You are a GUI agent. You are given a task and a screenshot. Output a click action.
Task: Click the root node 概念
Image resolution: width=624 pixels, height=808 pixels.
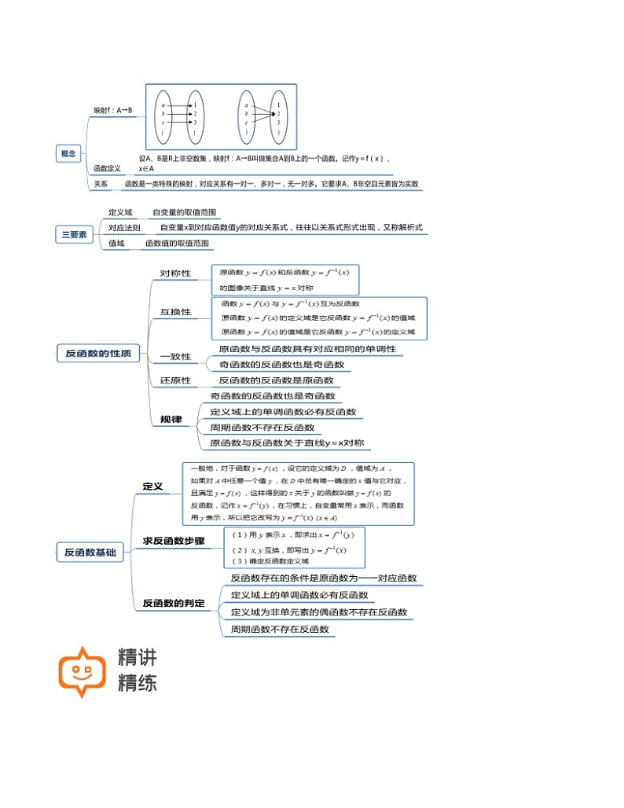pos(68,154)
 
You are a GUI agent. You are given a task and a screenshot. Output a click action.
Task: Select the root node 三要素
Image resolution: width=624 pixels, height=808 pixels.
pos(75,233)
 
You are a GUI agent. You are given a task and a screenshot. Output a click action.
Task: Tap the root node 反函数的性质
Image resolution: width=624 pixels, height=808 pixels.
pos(98,354)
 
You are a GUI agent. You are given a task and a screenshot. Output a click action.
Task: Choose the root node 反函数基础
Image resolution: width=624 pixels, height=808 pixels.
pos(90,553)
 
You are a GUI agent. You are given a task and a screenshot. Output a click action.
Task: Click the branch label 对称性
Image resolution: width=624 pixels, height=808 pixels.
pos(175,274)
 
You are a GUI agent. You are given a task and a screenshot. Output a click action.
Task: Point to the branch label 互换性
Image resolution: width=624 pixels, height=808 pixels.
pos(175,312)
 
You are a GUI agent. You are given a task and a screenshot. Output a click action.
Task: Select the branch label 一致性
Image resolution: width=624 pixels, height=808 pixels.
pos(175,356)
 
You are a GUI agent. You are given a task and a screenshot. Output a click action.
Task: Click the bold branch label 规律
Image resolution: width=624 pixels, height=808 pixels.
pos(171,420)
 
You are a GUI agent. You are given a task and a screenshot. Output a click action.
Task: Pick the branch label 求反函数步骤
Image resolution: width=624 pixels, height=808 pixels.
pos(174,541)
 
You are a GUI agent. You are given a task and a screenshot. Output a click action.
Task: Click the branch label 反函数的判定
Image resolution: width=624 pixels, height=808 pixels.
pos(174,603)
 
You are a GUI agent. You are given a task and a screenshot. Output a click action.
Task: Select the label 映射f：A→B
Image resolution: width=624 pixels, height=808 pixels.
pos(113,111)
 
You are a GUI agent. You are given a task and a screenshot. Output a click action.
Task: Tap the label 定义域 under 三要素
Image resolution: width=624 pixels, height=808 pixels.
pos(120,212)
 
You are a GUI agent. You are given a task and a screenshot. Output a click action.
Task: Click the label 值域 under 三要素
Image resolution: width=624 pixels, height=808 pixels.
pos(116,244)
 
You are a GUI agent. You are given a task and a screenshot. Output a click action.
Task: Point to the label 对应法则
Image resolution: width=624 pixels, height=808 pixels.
pos(124,228)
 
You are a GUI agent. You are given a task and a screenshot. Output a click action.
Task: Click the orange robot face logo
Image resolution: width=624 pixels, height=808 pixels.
pos(82,671)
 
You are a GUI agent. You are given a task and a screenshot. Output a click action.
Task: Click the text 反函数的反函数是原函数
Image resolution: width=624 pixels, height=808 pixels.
pos(276,380)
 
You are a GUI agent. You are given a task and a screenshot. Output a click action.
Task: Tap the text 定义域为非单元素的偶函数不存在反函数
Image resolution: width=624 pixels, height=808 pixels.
pos(319,612)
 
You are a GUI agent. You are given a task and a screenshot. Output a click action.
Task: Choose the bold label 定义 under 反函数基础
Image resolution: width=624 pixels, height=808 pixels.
pos(152,487)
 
